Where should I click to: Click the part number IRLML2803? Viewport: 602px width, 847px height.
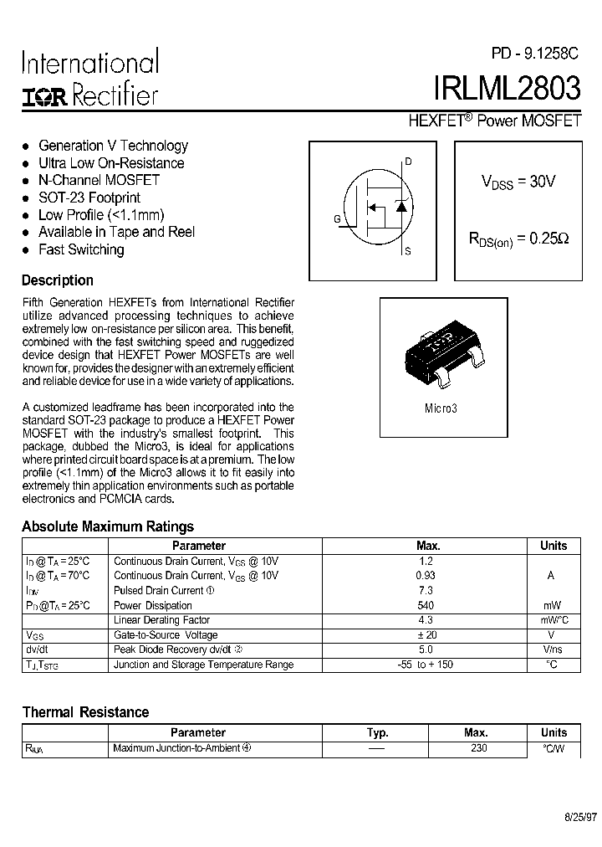pyautogui.click(x=505, y=89)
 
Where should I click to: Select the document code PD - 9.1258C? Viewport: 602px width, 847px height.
pyautogui.click(x=534, y=54)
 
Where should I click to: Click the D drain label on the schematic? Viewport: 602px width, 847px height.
pyautogui.click(x=408, y=162)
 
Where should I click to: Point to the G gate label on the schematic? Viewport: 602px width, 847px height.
pyautogui.click(x=337, y=219)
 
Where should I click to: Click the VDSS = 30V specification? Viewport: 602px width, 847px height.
pyautogui.click(x=518, y=182)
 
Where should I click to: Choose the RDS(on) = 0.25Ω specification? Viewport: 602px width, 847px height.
pyautogui.click(x=518, y=239)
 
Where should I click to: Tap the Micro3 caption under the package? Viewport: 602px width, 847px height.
pyautogui.click(x=441, y=408)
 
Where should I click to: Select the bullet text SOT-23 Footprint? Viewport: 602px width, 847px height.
pyautogui.click(x=89, y=198)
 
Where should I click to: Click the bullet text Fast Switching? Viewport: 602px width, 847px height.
pyautogui.click(x=81, y=249)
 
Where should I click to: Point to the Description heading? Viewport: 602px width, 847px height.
pyautogui.click(x=58, y=280)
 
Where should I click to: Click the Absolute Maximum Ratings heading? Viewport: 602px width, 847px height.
pyautogui.click(x=108, y=526)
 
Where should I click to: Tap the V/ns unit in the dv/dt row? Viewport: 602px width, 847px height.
pyautogui.click(x=553, y=649)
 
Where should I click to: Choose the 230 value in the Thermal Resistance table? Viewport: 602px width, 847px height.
pyautogui.click(x=478, y=748)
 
